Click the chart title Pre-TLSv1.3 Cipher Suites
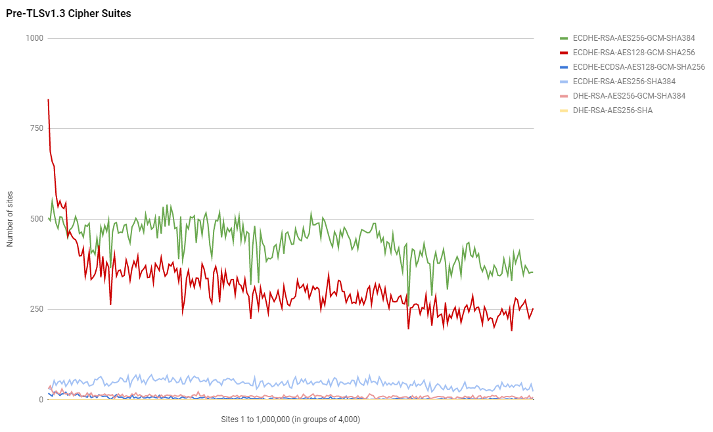(x=68, y=14)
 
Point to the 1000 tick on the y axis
(x=35, y=38)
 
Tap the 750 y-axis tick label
(x=37, y=128)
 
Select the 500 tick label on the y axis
(x=37, y=219)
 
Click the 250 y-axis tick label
(x=37, y=309)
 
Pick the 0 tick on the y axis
(x=41, y=399)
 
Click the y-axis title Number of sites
(x=10, y=218)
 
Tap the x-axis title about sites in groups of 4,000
(x=291, y=419)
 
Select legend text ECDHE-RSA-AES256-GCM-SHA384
(x=633, y=38)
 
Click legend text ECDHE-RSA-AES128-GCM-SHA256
(x=633, y=53)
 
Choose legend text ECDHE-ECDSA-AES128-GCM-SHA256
(x=639, y=67)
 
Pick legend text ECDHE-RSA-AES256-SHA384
(x=624, y=82)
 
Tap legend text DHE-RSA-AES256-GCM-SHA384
(x=629, y=96)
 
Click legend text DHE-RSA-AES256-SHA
(x=612, y=110)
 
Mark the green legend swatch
(x=564, y=38)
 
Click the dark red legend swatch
(x=564, y=53)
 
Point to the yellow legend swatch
(x=564, y=110)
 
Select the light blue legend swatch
(x=564, y=82)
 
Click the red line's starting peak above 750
(x=48, y=100)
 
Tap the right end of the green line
(x=533, y=272)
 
